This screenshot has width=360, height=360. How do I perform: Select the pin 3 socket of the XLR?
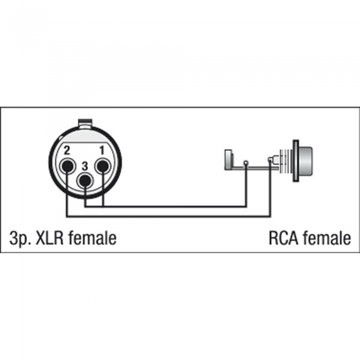pyautogui.click(x=85, y=181)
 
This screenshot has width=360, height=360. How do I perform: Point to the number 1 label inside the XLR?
pyautogui.click(x=102, y=151)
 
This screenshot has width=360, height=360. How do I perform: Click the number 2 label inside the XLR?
pyautogui.click(x=67, y=151)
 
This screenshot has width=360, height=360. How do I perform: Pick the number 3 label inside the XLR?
pyautogui.click(x=85, y=166)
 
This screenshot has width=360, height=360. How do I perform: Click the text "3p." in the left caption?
pyautogui.click(x=19, y=238)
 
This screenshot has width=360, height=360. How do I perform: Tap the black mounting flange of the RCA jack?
pyautogui.click(x=296, y=161)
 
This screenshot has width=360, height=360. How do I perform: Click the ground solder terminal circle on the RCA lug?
pyautogui.click(x=246, y=163)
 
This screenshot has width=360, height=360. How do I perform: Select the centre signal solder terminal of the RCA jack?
pyautogui.click(x=270, y=159)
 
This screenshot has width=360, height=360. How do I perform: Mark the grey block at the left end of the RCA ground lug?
pyautogui.click(x=228, y=160)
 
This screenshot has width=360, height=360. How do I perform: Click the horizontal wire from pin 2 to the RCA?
pyautogui.click(x=168, y=216)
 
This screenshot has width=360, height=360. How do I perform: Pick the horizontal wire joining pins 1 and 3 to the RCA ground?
pyautogui.click(x=166, y=206)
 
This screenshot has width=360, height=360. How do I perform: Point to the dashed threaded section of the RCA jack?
pyautogui.click(x=285, y=160)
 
